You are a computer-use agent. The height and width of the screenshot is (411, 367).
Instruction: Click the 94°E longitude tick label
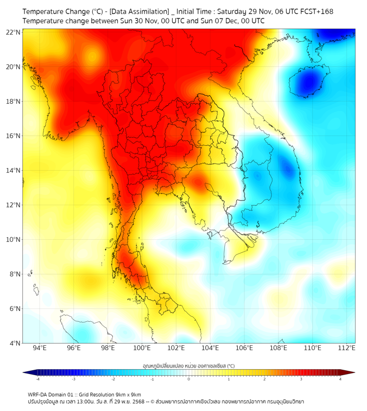(40, 348)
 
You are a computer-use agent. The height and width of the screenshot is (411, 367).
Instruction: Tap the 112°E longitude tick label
(346, 348)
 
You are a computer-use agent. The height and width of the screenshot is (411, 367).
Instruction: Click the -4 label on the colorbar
(37, 379)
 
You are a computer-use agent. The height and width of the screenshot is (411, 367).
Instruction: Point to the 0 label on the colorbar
(189, 379)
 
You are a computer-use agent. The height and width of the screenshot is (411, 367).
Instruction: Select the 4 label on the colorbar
(340, 379)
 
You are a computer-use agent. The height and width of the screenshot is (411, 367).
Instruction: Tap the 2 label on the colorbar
(264, 379)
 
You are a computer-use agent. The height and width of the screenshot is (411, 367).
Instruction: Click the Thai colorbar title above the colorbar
(188, 366)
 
